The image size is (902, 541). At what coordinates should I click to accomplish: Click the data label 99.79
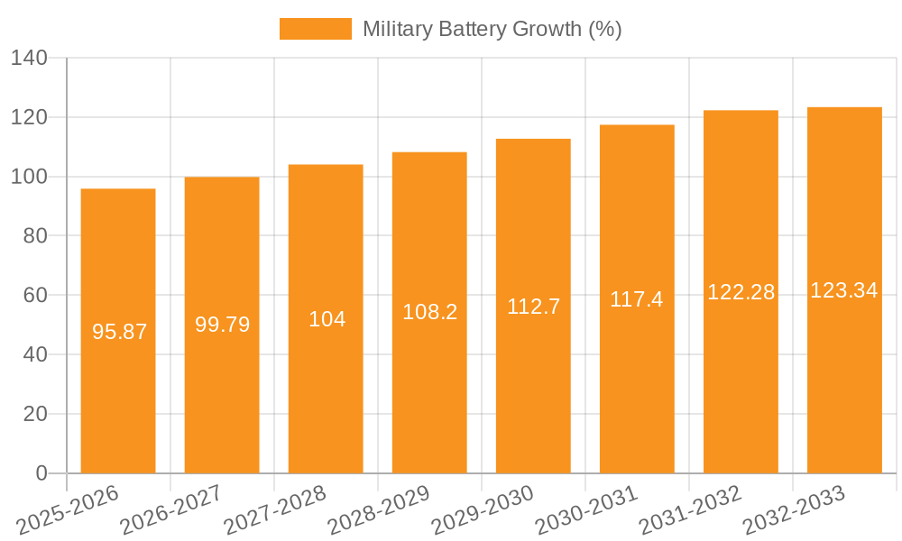[222, 325]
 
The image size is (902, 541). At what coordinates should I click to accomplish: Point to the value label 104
[327, 319]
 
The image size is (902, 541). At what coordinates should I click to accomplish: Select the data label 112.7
[533, 307]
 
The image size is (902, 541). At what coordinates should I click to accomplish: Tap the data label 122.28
[741, 292]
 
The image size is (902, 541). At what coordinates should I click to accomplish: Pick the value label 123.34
[844, 290]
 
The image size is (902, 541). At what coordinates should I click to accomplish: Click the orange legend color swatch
[315, 29]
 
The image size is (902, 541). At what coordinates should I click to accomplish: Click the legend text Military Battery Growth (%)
[492, 29]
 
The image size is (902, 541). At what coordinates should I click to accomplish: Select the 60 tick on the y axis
[34, 296]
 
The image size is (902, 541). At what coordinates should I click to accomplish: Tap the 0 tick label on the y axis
[41, 473]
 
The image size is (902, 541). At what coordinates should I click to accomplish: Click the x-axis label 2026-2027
[172, 510]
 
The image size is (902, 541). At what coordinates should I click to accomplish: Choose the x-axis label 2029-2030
[483, 510]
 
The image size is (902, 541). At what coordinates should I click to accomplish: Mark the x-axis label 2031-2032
[690, 510]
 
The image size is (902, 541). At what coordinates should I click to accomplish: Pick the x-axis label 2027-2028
[276, 510]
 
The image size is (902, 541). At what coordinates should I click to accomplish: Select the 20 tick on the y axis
[34, 414]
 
